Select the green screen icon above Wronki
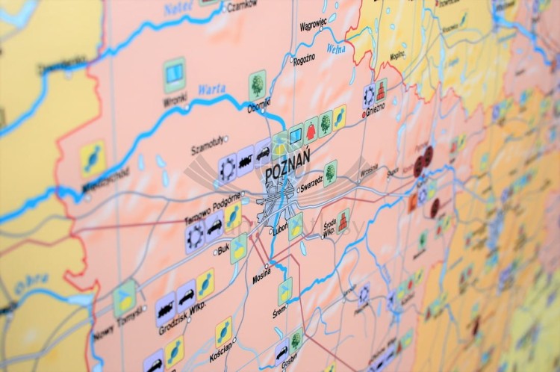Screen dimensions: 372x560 [174, 72]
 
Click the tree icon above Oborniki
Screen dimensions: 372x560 [258, 84]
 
